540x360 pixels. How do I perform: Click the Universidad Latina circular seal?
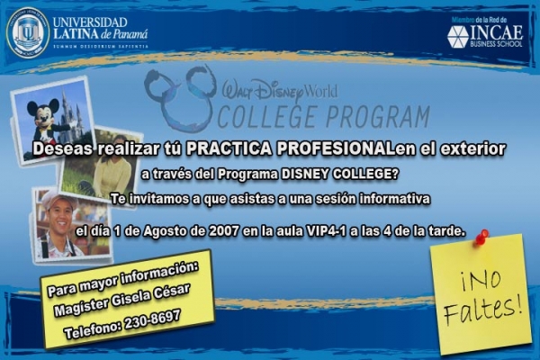[28, 33]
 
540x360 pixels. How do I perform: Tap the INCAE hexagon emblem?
[458, 37]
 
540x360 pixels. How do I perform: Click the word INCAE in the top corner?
[496, 32]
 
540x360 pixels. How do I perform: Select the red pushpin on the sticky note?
[481, 237]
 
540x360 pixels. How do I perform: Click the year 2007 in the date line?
[223, 231]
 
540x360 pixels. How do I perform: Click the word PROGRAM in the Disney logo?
[377, 116]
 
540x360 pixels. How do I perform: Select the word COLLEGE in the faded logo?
[267, 117]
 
